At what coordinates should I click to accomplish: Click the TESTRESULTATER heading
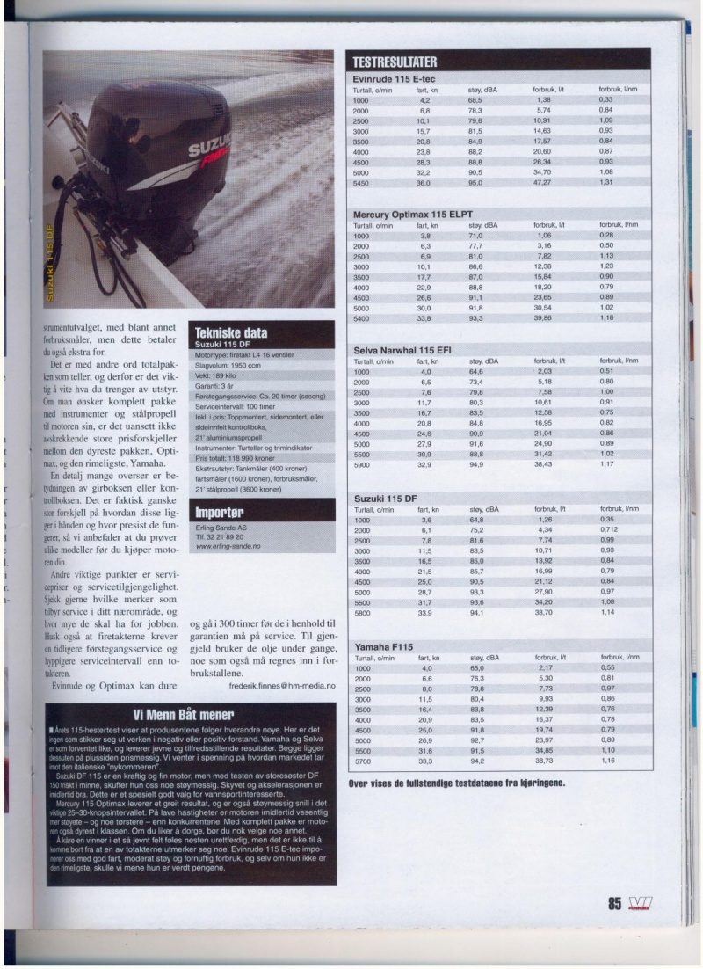(x=395, y=62)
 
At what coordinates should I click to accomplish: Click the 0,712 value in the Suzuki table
(x=608, y=530)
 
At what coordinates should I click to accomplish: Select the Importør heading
(x=219, y=511)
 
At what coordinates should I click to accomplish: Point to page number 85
(x=613, y=904)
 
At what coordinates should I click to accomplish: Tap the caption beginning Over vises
(x=457, y=783)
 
